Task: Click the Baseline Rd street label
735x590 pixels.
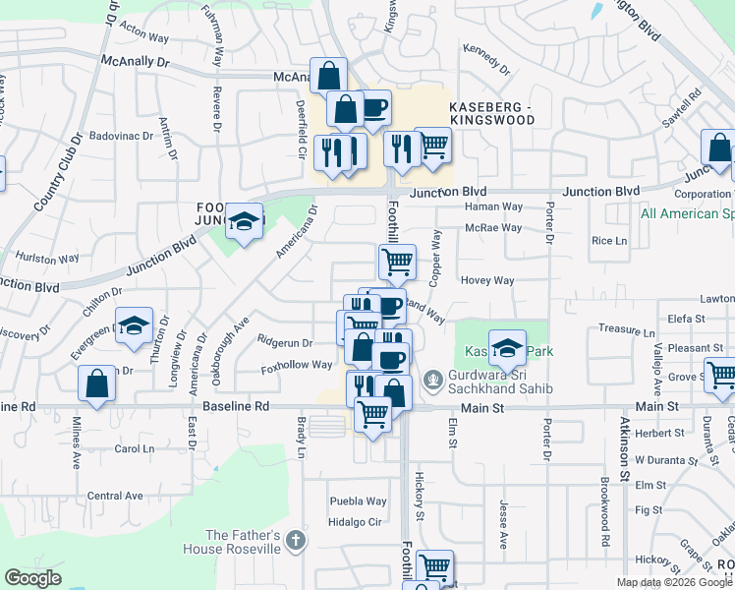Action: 236,406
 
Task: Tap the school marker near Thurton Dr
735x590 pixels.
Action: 134,325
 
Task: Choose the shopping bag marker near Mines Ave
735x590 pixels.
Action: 97,384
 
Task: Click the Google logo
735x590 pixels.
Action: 33,579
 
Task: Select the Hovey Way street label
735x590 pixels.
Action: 487,280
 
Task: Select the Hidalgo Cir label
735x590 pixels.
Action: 355,522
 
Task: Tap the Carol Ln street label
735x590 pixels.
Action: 136,448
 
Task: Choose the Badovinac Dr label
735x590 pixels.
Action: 118,136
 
